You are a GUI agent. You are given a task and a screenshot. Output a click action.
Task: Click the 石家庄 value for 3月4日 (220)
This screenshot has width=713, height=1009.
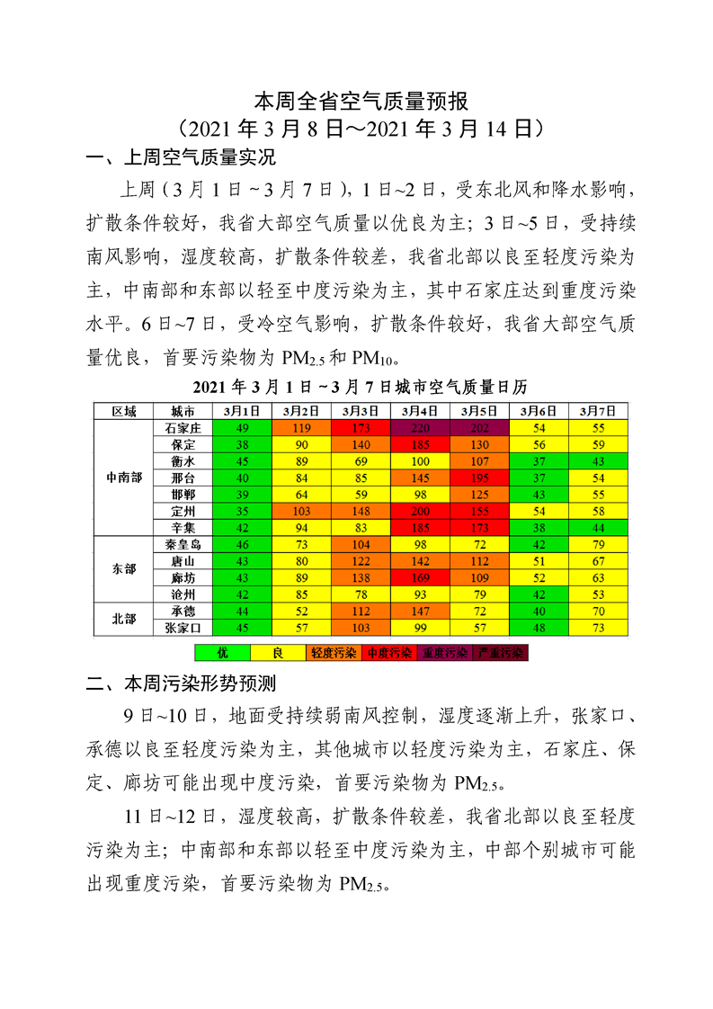click(420, 428)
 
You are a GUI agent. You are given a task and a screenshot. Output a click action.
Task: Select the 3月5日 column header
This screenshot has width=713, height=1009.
click(479, 411)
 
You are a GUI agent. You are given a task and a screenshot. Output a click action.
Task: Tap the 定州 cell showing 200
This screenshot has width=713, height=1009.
click(420, 511)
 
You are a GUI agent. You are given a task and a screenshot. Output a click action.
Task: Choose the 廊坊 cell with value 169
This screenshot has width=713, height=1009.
click(420, 578)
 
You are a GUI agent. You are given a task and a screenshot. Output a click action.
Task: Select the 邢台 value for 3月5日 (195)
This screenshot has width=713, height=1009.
click(479, 478)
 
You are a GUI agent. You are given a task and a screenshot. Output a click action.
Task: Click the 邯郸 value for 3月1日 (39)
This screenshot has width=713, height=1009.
click(242, 495)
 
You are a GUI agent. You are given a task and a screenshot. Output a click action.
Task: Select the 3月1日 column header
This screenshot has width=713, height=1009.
click(242, 411)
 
